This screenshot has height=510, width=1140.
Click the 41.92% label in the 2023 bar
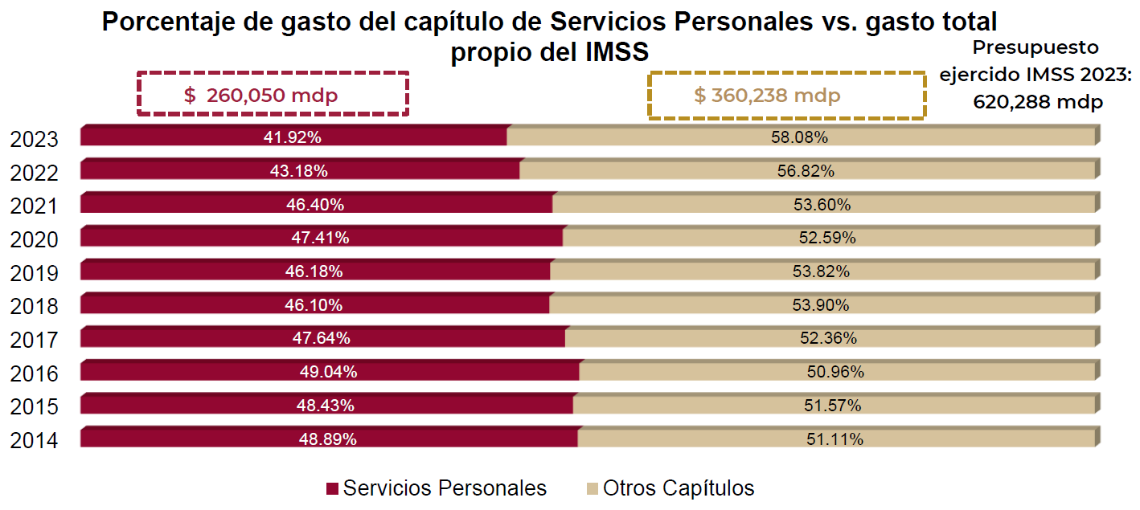[293, 137]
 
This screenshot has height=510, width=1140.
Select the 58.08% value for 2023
[799, 137]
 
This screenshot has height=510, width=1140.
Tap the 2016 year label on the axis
[35, 373]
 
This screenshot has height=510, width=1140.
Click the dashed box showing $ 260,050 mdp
[273, 95]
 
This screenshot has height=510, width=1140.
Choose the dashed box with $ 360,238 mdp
[787, 95]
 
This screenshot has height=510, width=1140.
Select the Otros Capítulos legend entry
[670, 488]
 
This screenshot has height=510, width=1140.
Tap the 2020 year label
[35, 239]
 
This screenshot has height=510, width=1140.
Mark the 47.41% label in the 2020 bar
[320, 238]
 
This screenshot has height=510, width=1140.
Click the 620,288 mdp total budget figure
[1037, 102]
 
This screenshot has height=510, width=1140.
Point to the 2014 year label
[35, 440]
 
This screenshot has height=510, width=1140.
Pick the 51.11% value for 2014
[834, 439]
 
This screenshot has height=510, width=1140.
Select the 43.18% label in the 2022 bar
[298, 171]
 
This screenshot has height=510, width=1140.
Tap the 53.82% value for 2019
[821, 271]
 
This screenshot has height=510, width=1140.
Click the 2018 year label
[35, 306]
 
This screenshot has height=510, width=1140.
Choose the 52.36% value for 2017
[828, 338]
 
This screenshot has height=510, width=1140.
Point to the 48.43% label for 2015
[325, 406]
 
